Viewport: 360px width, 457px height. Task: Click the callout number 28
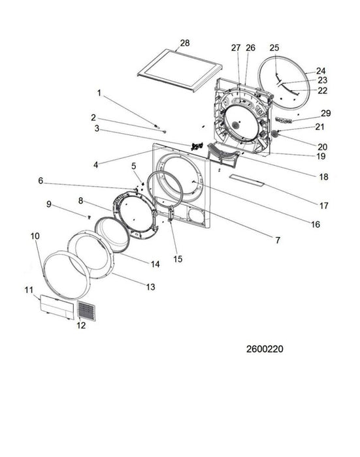(184, 43)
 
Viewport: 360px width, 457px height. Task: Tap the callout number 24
(321, 71)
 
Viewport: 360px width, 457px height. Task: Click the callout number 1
(99, 93)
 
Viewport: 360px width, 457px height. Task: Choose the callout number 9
(48, 204)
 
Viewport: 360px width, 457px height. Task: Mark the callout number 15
(178, 259)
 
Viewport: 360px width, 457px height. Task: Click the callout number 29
(326, 114)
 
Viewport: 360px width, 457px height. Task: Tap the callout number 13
(150, 287)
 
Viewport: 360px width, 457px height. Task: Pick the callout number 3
(96, 129)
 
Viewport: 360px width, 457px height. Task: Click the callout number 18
(323, 177)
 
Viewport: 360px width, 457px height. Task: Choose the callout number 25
(274, 48)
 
